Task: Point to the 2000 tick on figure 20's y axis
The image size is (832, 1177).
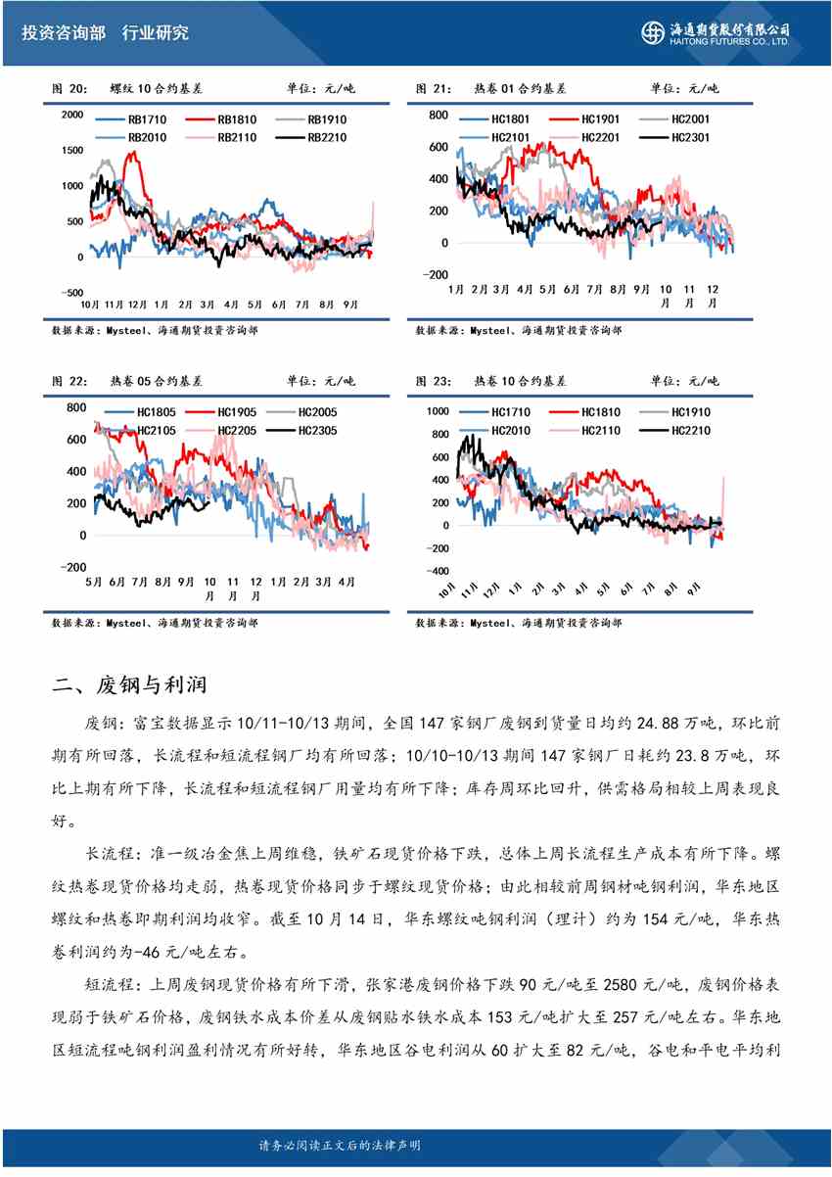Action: coord(72,115)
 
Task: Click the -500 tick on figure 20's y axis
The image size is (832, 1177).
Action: coord(71,292)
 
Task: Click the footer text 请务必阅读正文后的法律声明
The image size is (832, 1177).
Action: coord(340,1145)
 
